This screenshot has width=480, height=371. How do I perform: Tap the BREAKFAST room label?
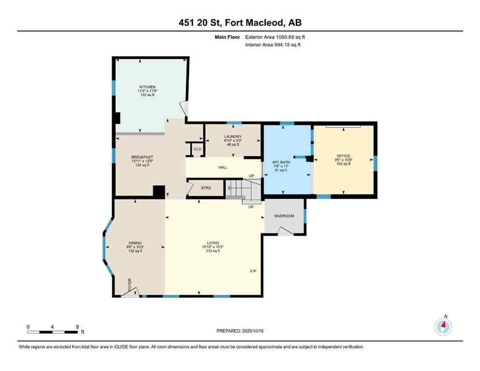pos(140,157)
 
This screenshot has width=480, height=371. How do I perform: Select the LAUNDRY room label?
pos(233,137)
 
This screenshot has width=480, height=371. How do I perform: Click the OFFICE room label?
pos(343,156)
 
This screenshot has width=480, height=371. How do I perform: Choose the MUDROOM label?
pos(284,216)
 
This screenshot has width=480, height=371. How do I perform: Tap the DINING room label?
pos(135,243)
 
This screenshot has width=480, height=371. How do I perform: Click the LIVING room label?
pos(213,243)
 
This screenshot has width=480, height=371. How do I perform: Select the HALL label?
pos(222,168)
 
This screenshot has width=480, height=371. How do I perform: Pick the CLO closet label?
pos(197,149)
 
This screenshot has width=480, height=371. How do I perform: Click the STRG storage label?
pos(206,188)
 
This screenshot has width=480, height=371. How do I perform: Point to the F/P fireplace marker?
pos(253,271)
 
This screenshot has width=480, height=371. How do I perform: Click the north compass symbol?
pos(443,327)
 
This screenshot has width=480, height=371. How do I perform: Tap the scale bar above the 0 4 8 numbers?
pos(53,332)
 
